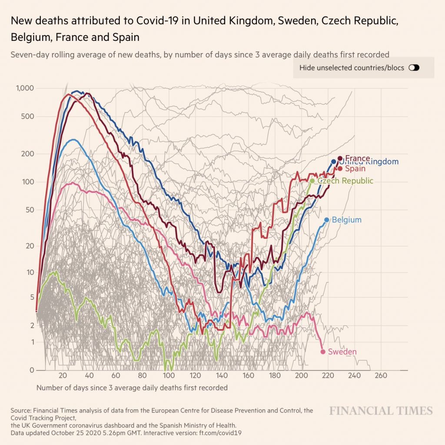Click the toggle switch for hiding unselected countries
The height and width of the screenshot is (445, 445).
point(414,68)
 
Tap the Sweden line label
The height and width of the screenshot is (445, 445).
point(343,352)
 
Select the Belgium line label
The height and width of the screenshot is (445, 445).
point(346,220)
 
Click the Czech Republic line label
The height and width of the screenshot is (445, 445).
point(345,181)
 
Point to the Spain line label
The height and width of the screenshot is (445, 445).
point(355,168)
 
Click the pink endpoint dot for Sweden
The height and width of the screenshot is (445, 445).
point(322,352)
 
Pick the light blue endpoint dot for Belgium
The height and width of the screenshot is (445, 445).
point(327,220)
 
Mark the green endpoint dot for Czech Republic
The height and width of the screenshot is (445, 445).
point(312,181)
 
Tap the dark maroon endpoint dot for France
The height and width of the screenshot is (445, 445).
point(340,158)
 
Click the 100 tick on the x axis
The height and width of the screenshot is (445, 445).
point(169,376)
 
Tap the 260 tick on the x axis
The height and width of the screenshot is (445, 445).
point(381,376)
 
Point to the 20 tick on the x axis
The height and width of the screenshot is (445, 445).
point(63,376)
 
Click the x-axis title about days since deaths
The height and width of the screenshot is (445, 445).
point(132,387)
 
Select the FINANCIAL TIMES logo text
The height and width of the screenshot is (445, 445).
point(381,411)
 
